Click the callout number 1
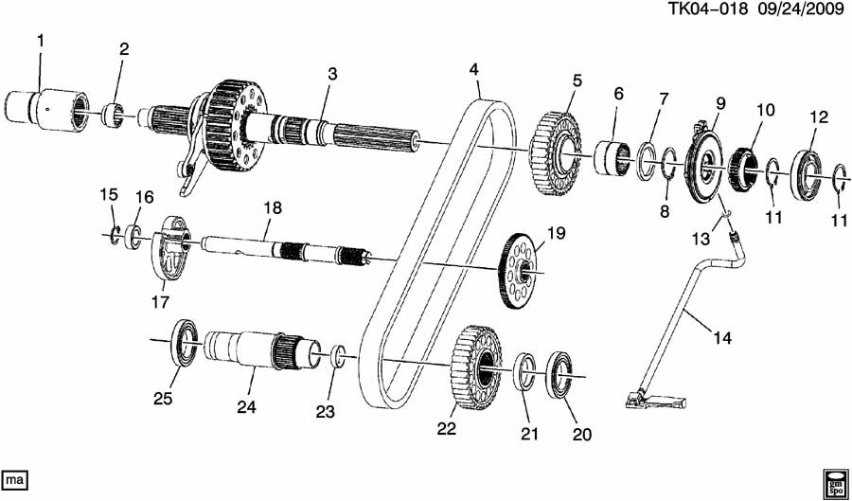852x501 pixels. click(41, 40)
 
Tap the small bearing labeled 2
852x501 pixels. click(114, 115)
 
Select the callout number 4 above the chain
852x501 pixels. click(474, 69)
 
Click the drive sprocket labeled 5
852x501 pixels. click(554, 153)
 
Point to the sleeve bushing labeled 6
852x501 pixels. click(612, 158)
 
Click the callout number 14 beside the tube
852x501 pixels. click(722, 338)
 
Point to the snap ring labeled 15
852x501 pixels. click(115, 235)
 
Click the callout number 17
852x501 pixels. click(160, 301)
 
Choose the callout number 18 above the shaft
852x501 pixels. click(274, 207)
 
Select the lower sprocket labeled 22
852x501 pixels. click(476, 367)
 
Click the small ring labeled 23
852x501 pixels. click(339, 358)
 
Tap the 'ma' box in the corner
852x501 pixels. click(14, 481)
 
